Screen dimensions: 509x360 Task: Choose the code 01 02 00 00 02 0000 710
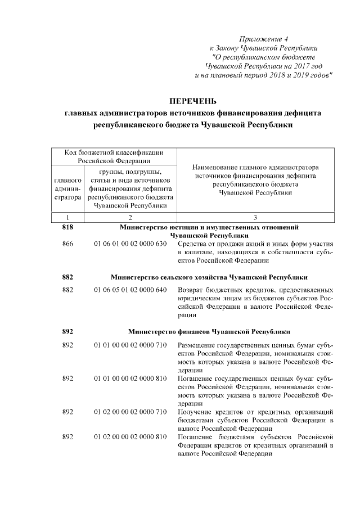click(x=130, y=412)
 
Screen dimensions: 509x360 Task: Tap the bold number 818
click(x=67, y=227)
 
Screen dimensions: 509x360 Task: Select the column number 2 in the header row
click(x=130, y=217)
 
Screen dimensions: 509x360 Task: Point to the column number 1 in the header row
click(x=67, y=217)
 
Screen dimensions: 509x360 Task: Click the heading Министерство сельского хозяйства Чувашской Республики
click(x=209, y=277)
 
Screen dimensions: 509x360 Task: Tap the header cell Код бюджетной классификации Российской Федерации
click(x=114, y=156)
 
